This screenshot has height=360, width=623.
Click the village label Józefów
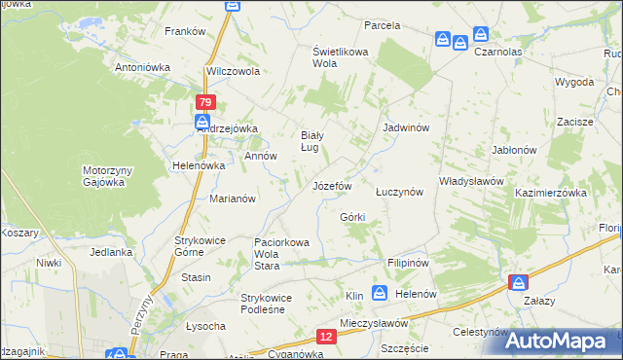tap(331, 185)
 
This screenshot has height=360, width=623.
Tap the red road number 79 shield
tap(204, 102)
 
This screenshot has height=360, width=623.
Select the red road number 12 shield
tap(326, 336)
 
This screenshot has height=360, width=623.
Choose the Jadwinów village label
tap(407, 127)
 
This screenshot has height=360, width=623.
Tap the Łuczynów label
tap(399, 192)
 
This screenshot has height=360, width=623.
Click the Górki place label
tap(352, 215)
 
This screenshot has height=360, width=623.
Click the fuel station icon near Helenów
tap(380, 293)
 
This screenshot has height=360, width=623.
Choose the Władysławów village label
tap(471, 181)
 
